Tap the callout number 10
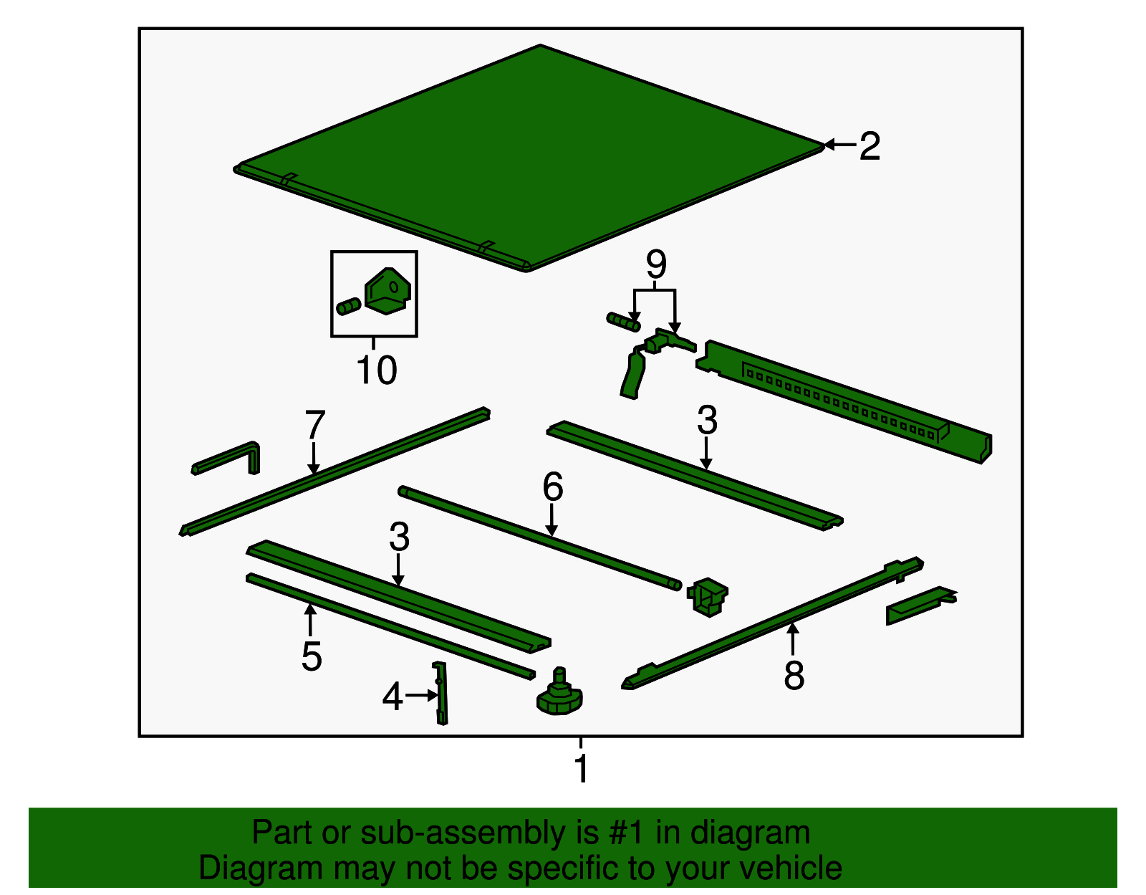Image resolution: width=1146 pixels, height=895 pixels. click(x=376, y=370)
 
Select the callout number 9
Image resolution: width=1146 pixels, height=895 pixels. click(x=656, y=264)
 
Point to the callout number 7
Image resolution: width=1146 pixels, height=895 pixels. click(x=315, y=424)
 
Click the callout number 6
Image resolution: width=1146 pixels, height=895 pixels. click(x=553, y=487)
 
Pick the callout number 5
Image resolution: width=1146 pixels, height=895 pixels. click(x=311, y=656)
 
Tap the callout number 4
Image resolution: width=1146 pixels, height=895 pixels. click(x=393, y=697)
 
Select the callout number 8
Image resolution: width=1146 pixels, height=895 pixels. click(x=794, y=675)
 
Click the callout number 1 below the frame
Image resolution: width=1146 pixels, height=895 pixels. click(x=581, y=768)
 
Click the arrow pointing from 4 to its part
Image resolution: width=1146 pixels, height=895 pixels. click(x=421, y=696)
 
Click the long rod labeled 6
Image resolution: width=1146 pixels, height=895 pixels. click(x=539, y=537)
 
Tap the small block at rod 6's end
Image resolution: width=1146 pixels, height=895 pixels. click(x=707, y=597)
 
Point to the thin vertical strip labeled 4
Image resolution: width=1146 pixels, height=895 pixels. click(x=441, y=693)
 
